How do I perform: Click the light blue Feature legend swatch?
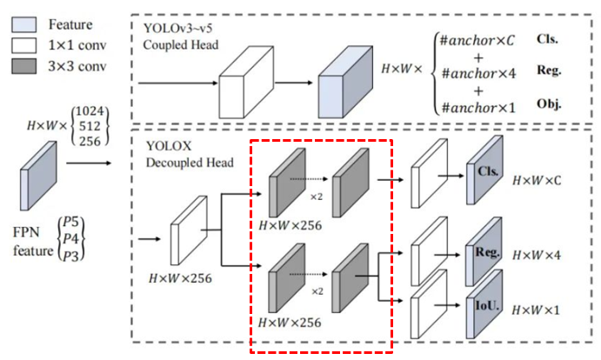[x=24, y=24]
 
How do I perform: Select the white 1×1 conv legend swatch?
[x=24, y=45]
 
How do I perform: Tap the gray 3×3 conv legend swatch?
[x=24, y=66]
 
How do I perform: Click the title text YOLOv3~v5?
[x=177, y=29]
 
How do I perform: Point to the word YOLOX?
[x=169, y=146]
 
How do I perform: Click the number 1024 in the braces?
[x=90, y=111]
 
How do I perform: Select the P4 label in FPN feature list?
[x=70, y=238]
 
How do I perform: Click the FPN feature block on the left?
[x=38, y=176]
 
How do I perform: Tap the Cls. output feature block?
[x=484, y=170]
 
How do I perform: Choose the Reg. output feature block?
[x=484, y=251]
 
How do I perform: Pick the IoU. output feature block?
[x=484, y=304]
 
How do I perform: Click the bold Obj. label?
[x=549, y=104]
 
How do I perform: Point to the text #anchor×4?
[x=478, y=73]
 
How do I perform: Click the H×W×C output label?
[x=537, y=180]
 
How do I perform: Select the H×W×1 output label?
[x=536, y=310]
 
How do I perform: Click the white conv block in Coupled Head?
[x=246, y=82]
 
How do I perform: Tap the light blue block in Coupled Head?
[x=345, y=82]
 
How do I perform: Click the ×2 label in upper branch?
[x=317, y=197]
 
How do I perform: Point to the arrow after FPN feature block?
[x=89, y=163]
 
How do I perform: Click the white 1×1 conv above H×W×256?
[x=189, y=230]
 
